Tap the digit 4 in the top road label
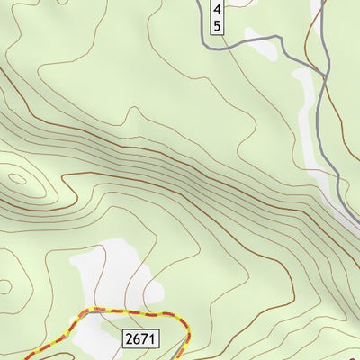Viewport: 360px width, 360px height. pyautogui.click(x=217, y=9)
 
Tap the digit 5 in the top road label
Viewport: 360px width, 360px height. pyautogui.click(x=217, y=25)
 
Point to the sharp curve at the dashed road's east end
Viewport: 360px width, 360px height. pyautogui.click(x=184, y=326)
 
